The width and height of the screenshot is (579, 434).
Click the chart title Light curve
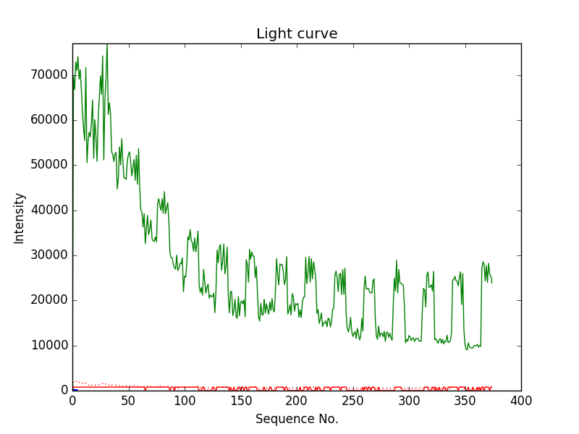[297, 34]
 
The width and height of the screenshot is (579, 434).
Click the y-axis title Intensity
[20, 218]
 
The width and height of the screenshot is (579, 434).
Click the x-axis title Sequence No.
[297, 419]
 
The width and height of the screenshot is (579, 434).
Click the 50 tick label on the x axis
[128, 400]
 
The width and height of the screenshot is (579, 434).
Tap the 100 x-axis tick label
[185, 400]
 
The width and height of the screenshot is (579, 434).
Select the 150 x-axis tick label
[240, 400]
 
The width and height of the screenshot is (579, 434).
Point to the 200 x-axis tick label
[297, 400]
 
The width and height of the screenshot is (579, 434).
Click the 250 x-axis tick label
[352, 400]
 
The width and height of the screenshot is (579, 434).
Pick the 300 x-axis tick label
[409, 400]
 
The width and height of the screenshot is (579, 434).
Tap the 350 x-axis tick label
[465, 400]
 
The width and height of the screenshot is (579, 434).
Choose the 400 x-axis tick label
[521, 400]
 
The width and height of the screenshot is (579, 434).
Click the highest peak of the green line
[107, 46]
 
